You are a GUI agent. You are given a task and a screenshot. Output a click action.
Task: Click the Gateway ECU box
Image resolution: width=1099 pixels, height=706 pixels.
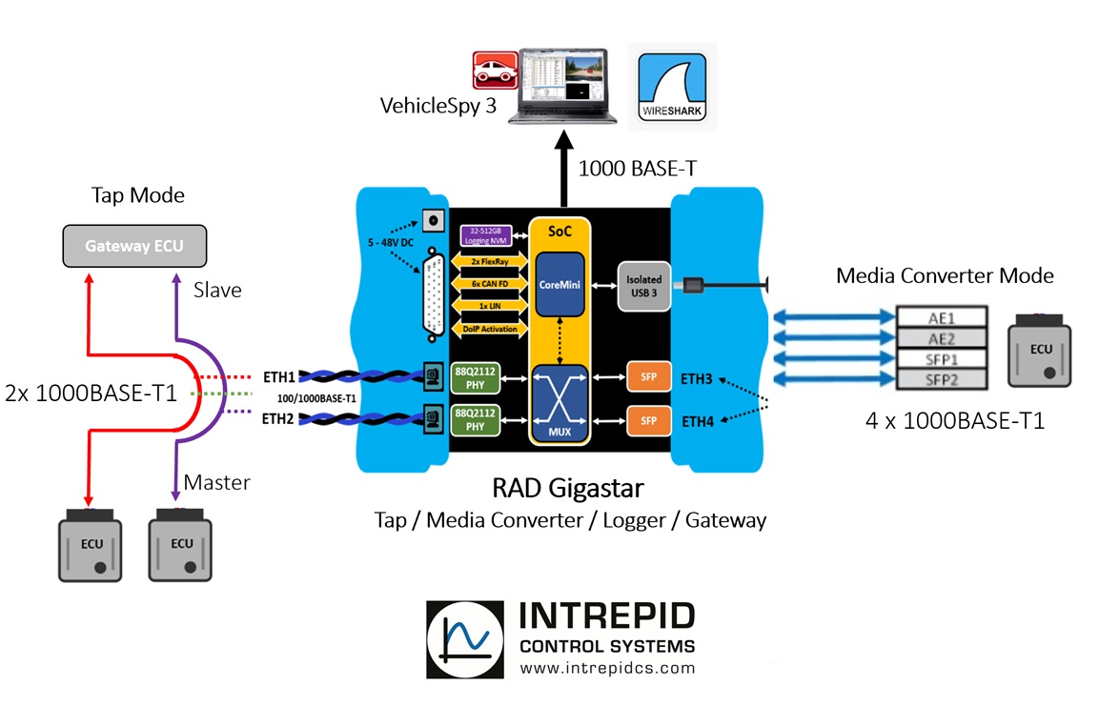coord(134,246)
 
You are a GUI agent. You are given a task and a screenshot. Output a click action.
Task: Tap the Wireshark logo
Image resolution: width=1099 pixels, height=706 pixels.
coord(673,86)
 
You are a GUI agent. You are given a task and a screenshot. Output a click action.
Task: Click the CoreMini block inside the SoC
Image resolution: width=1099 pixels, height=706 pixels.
coord(560,284)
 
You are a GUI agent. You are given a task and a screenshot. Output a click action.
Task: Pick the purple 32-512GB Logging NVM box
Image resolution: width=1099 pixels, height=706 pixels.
coord(486,234)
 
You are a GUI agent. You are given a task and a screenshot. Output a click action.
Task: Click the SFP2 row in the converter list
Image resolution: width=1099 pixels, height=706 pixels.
coord(942,379)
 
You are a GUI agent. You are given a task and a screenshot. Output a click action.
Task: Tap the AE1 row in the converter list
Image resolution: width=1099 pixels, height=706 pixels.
coord(942,318)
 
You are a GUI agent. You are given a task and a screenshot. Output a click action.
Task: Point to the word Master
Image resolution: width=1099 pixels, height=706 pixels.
coord(217,482)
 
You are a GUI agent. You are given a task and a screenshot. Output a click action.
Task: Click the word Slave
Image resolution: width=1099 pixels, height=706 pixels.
coord(217,289)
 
